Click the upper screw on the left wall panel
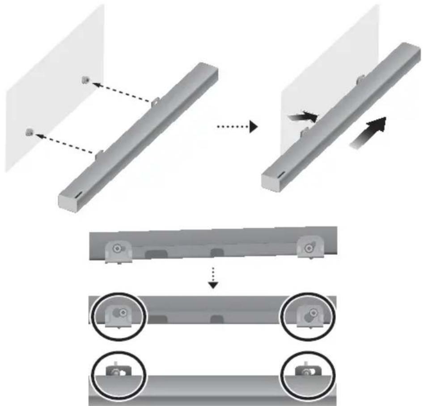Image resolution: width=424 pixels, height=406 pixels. pyautogui.click(x=85, y=81)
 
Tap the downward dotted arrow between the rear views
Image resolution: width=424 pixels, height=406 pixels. pyautogui.click(x=214, y=277)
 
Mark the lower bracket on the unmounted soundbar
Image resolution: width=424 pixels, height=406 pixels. pyautogui.click(x=100, y=155)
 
